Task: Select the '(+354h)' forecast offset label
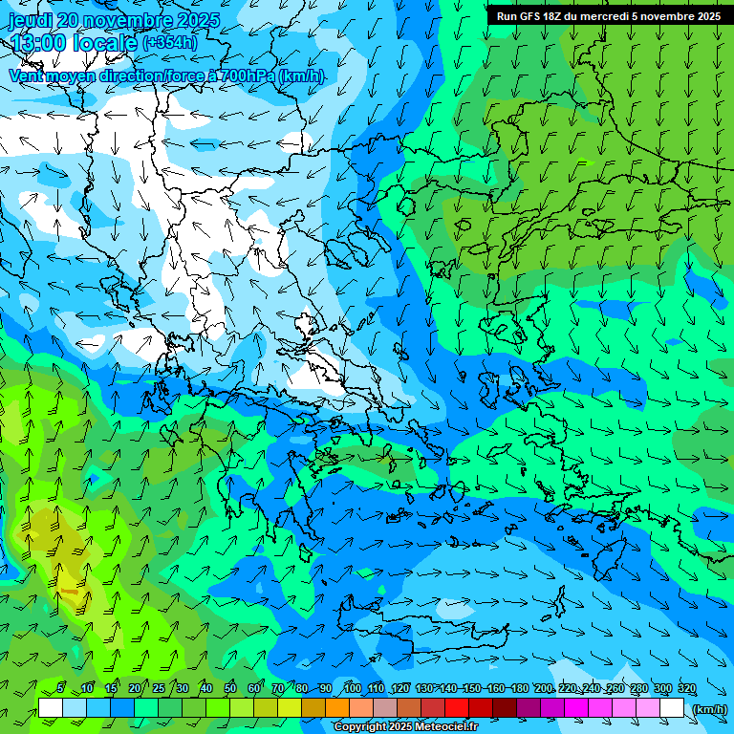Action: [x=170, y=43]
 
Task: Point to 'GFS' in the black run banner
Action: [x=529, y=16]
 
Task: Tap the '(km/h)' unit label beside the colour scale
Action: [x=708, y=709]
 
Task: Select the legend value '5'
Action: [x=60, y=688]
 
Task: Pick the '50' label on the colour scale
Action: [x=229, y=688]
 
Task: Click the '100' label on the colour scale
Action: [x=352, y=688]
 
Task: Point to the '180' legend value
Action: [x=519, y=688]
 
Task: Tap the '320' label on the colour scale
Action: [x=686, y=688]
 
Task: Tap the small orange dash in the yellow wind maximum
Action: [x=69, y=593]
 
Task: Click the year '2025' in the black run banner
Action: [x=707, y=16]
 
